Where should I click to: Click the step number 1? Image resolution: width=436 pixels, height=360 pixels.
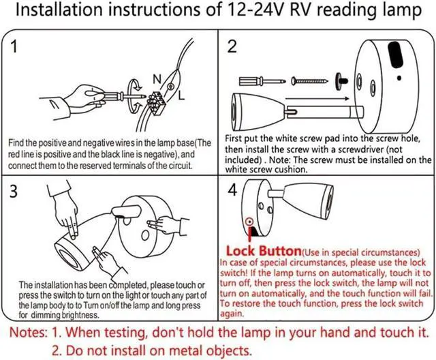pos(14,46)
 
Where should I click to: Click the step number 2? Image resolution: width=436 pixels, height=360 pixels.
pos(232,46)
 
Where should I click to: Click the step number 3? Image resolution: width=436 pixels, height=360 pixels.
pos(14,192)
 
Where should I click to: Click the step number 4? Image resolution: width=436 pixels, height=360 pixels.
pos(232,190)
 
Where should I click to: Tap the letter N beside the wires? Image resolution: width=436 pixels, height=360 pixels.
pos(157,79)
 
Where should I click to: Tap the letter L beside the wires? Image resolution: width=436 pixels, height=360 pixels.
pos(181,95)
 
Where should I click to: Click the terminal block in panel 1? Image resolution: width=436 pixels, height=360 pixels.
pos(156,102)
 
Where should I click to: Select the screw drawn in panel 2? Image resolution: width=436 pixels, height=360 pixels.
pos(309,81)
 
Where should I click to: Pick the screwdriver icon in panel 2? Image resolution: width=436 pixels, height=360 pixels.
pos(262,81)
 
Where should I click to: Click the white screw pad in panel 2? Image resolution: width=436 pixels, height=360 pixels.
pos(341,81)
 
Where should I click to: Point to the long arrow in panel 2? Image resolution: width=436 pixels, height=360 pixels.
pos(317,98)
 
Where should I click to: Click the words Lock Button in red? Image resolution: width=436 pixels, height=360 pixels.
pos(264,251)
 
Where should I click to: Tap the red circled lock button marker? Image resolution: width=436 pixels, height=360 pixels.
pos(249,222)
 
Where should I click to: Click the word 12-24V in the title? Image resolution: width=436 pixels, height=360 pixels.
pos(255,10)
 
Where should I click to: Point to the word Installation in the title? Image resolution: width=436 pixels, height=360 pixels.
pos(59,10)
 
